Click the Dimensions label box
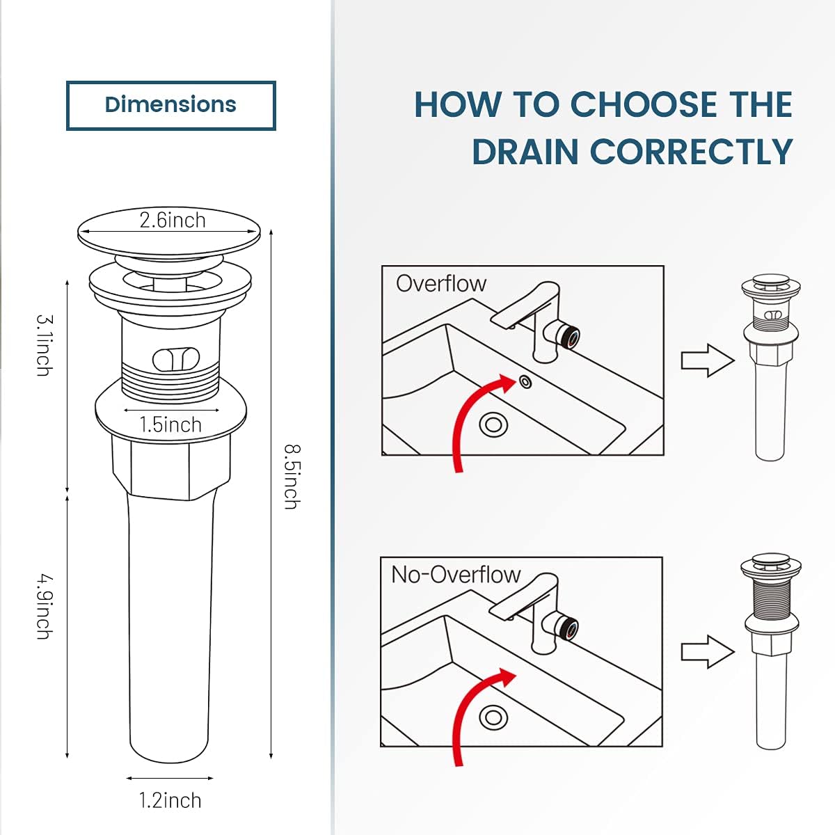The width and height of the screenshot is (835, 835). tap(170, 105)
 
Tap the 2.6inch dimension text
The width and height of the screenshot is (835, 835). tap(172, 220)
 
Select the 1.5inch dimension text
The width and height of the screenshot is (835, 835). tap(170, 424)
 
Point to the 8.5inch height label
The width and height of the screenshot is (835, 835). tap(292, 477)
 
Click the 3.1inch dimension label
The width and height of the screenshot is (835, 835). tap(44, 345)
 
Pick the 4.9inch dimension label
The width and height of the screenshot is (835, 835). tap(44, 605)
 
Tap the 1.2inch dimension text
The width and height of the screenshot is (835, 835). tap(170, 800)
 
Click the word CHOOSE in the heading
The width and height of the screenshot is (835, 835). tap(644, 105)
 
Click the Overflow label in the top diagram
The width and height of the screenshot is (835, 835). tap(440, 284)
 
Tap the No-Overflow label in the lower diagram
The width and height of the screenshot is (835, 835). tap(456, 575)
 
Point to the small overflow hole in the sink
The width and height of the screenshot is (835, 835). tap(525, 381)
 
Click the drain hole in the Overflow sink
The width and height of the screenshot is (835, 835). tap(493, 424)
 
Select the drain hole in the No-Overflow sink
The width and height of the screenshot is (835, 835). tap(493, 717)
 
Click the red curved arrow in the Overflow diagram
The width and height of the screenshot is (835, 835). tap(470, 417)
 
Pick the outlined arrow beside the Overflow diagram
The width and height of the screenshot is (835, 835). tap(707, 360)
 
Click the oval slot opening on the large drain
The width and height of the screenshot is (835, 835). tap(176, 359)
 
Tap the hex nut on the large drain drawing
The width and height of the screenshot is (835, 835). tap(171, 466)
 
